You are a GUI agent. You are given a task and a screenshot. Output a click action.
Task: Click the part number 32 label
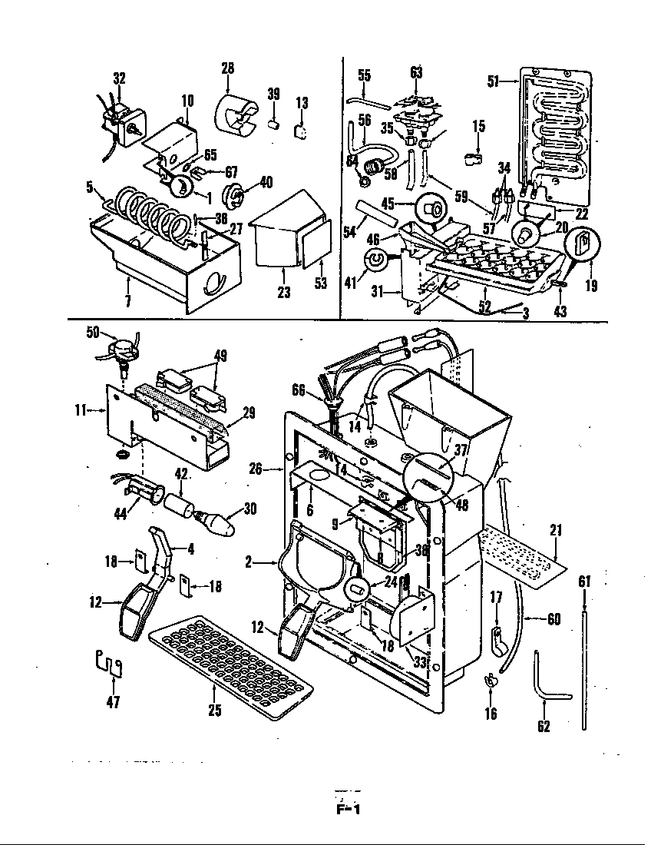pos(119,78)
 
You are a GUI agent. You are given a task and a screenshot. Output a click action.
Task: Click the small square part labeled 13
pos(302,130)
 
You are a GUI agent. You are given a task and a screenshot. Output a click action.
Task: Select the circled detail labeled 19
pos(583,245)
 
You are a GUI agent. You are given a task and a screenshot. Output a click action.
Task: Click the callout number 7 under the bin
pos(127,300)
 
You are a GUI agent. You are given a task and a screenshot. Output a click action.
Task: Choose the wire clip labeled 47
pos(109,663)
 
